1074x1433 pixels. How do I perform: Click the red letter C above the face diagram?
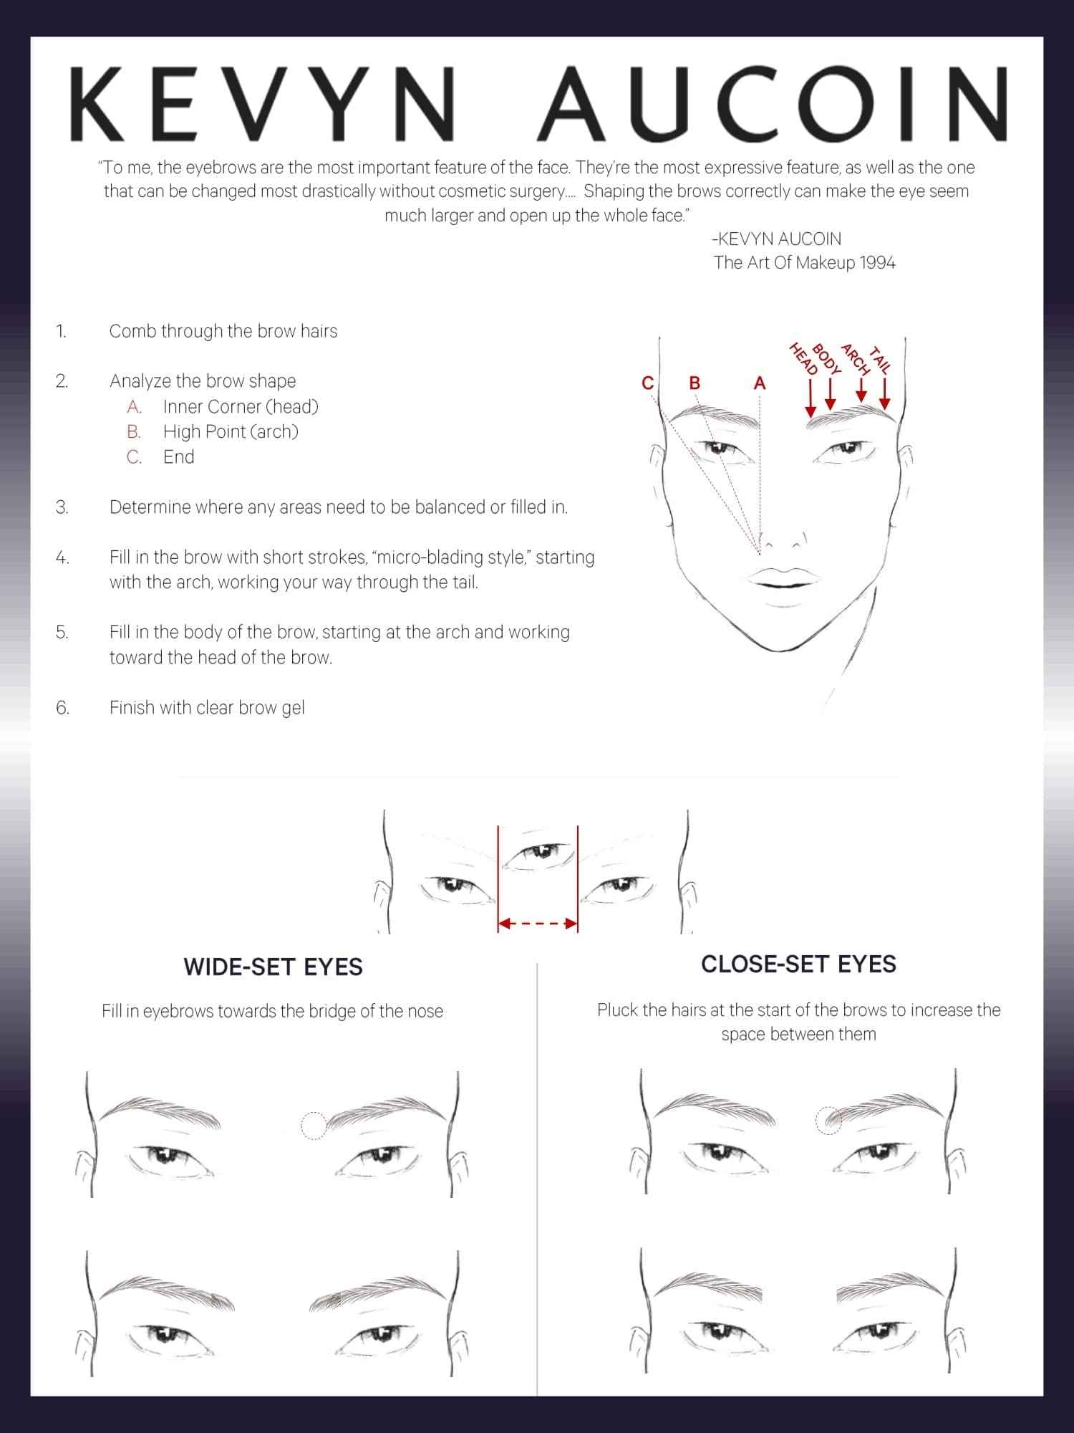647,383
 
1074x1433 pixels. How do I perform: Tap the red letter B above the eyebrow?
694,383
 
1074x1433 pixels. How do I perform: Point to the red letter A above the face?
760,383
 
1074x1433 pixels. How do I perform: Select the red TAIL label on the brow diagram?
880,360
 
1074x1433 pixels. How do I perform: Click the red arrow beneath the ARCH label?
862,390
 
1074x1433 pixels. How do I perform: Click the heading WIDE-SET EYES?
273,967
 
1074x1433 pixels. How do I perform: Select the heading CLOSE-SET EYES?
798,964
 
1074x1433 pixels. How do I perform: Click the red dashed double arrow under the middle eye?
538,924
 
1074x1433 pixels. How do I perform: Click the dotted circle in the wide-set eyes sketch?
313,1126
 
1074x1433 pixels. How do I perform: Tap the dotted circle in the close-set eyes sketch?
829,1120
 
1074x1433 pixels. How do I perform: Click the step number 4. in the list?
62,557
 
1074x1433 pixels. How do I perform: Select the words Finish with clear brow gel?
207,708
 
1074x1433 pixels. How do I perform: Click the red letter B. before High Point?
134,432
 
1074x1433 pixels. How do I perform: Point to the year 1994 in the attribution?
878,263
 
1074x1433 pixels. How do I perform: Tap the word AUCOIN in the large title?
773,105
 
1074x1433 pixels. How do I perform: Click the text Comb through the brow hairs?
223,331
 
